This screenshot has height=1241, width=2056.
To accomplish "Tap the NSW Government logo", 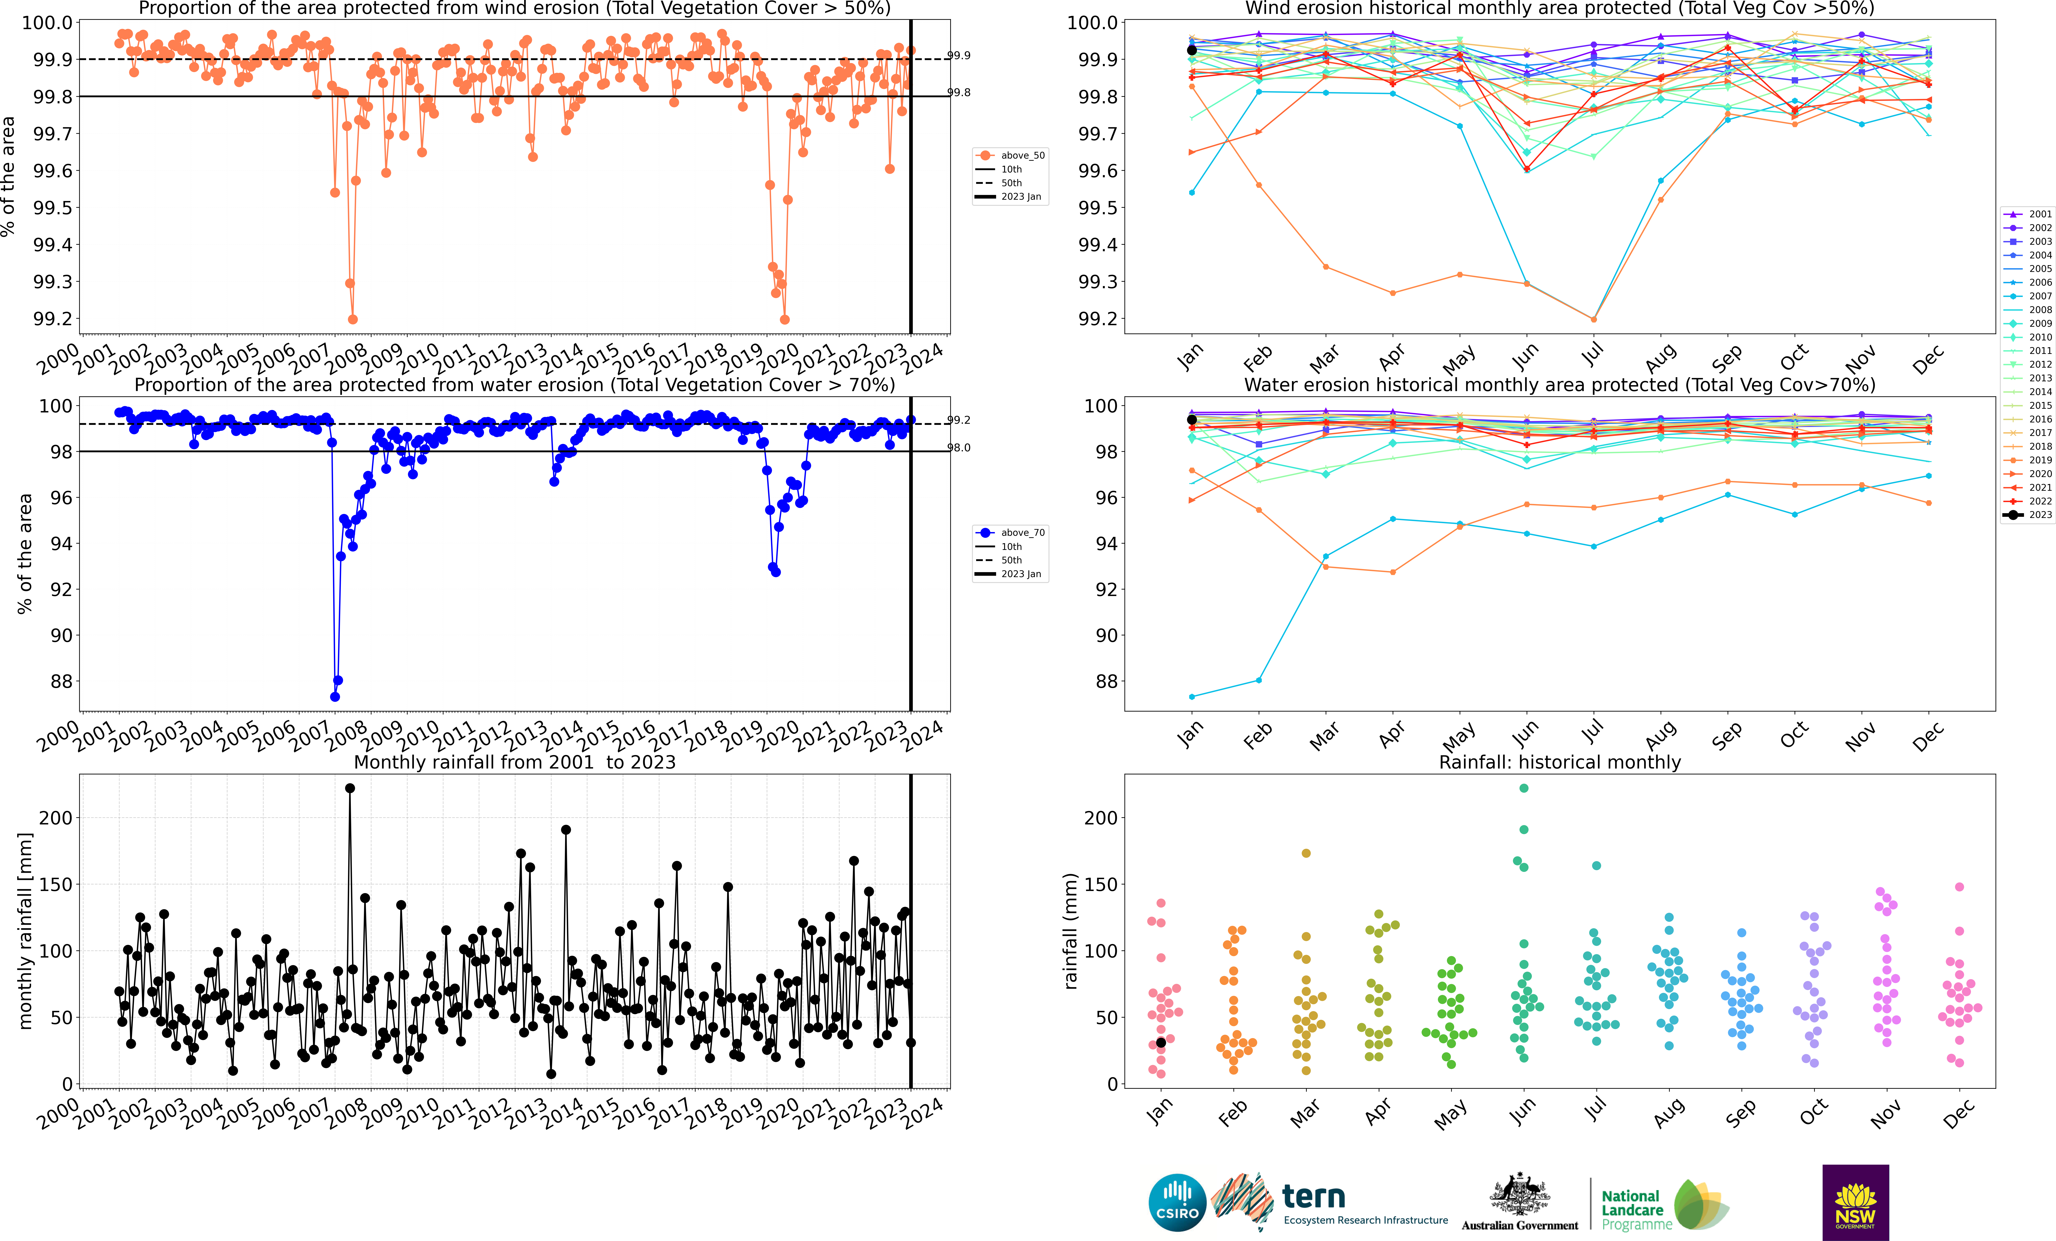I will pyautogui.click(x=1855, y=1203).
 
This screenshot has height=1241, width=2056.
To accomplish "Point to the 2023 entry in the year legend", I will pyautogui.click(x=2029, y=515).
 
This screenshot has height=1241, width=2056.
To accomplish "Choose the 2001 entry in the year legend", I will pyautogui.click(x=2029, y=214).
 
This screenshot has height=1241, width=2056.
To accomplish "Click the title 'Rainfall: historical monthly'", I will pyautogui.click(x=1559, y=762).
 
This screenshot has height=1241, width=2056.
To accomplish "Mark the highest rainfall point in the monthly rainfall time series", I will pyautogui.click(x=350, y=788).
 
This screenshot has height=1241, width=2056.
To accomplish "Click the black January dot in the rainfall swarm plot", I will pyautogui.click(x=1161, y=1042).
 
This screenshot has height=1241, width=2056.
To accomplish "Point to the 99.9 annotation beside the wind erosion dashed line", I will pyautogui.click(x=959, y=55).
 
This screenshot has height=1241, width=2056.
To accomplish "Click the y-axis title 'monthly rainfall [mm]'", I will pyautogui.click(x=25, y=931).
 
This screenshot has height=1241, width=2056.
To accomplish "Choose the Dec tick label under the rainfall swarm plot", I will pyautogui.click(x=1957, y=1114).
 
